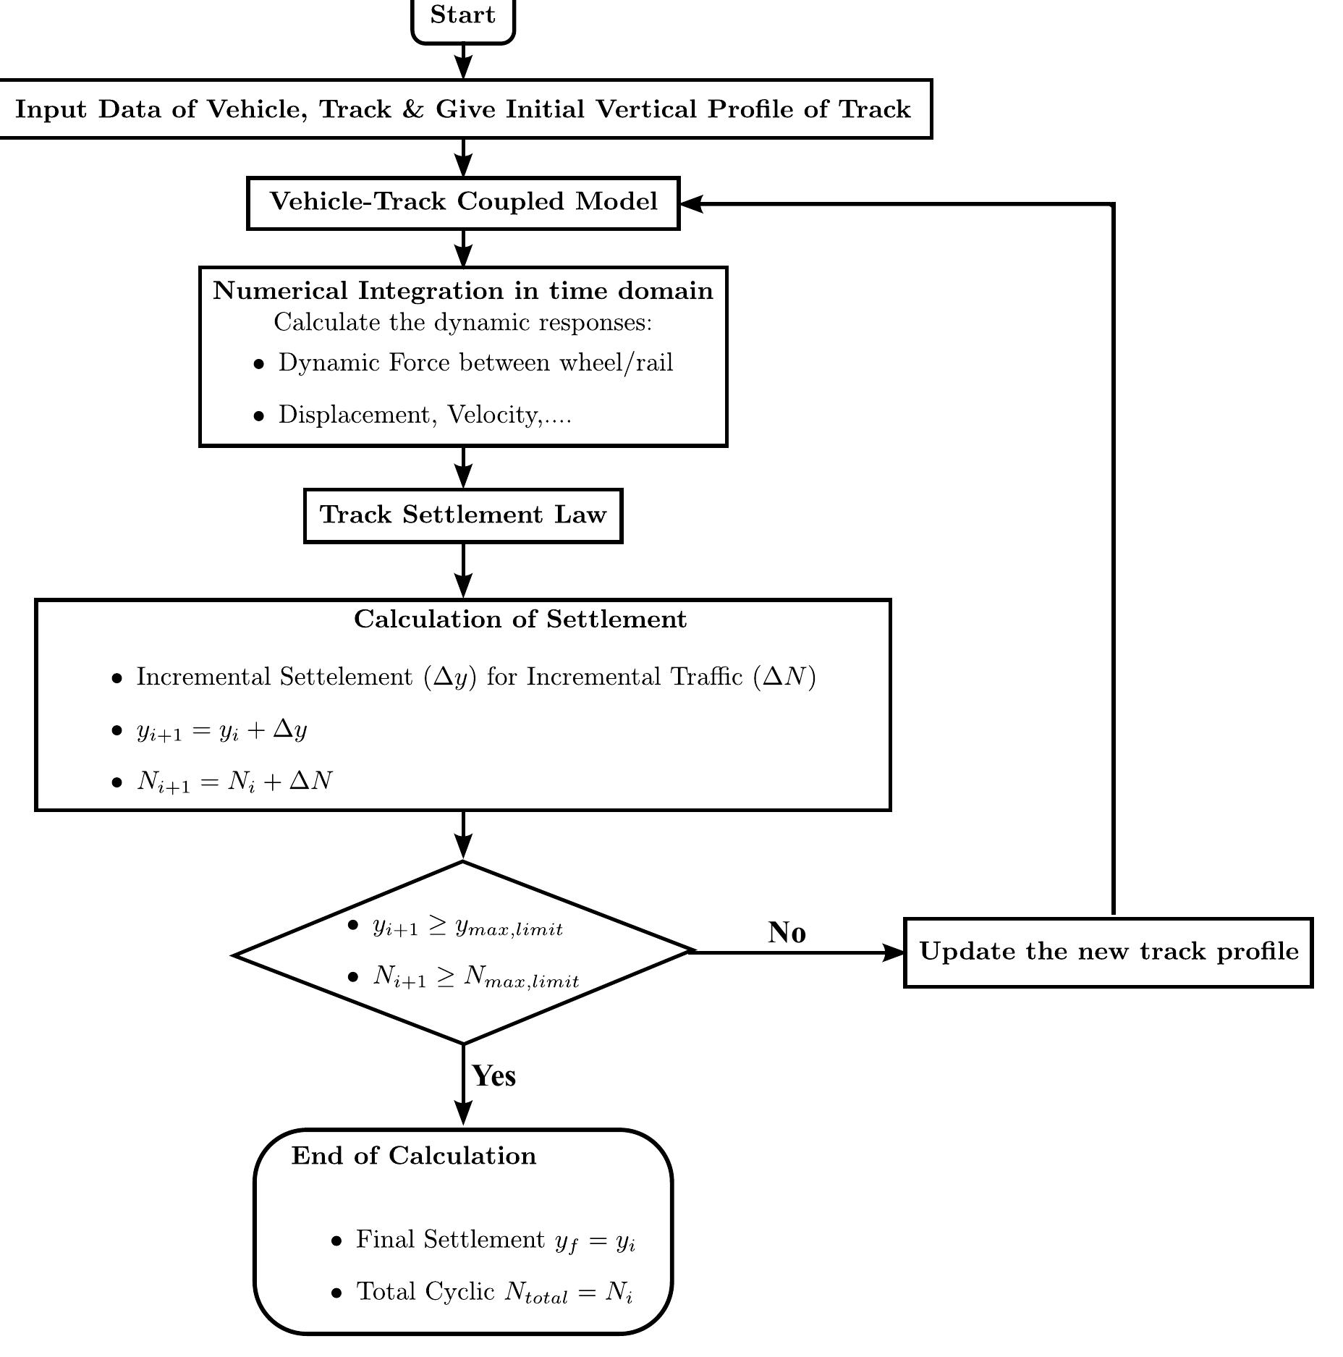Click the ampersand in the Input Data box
click(412, 109)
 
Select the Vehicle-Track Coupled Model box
click(463, 203)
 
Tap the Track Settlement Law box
click(463, 515)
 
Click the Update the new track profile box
click(1108, 952)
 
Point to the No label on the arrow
click(787, 933)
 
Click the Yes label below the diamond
click(494, 1076)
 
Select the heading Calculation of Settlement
click(520, 620)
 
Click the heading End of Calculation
click(414, 1156)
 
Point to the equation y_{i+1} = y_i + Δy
click(222, 730)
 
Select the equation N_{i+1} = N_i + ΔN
click(234, 782)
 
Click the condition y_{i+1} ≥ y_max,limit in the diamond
click(467, 926)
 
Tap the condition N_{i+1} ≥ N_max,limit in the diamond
click(475, 977)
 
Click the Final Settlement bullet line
click(496, 1240)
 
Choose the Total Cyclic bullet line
click(494, 1293)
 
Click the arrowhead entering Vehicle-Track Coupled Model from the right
click(692, 204)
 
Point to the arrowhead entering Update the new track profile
click(894, 952)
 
